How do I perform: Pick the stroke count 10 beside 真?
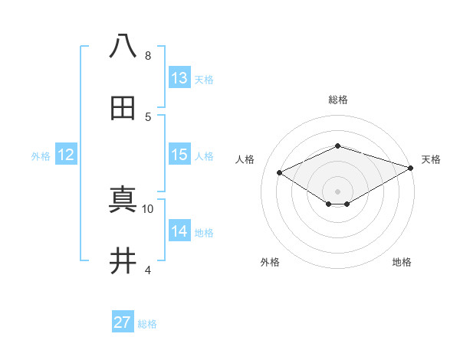click(148, 208)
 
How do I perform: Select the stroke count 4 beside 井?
click(147, 270)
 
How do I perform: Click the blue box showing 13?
click(179, 78)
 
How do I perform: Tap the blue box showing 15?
click(179, 155)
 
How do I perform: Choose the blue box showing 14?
click(179, 231)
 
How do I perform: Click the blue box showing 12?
click(66, 155)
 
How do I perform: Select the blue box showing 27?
click(123, 322)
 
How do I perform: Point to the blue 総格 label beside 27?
click(147, 324)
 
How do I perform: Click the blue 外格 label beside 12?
click(41, 156)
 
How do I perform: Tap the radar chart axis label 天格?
click(431, 159)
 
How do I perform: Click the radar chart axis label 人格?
click(245, 159)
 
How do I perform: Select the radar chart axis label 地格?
click(402, 262)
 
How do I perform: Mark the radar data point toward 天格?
click(412, 168)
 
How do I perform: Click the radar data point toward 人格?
click(280, 173)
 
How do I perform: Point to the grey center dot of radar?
click(337, 191)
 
